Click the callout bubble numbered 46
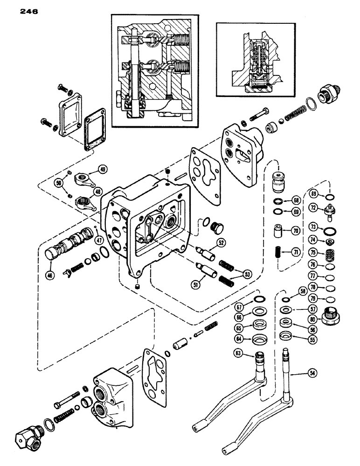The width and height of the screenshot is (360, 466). (x=50, y=275)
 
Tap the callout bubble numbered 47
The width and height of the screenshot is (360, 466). (x=98, y=240)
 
